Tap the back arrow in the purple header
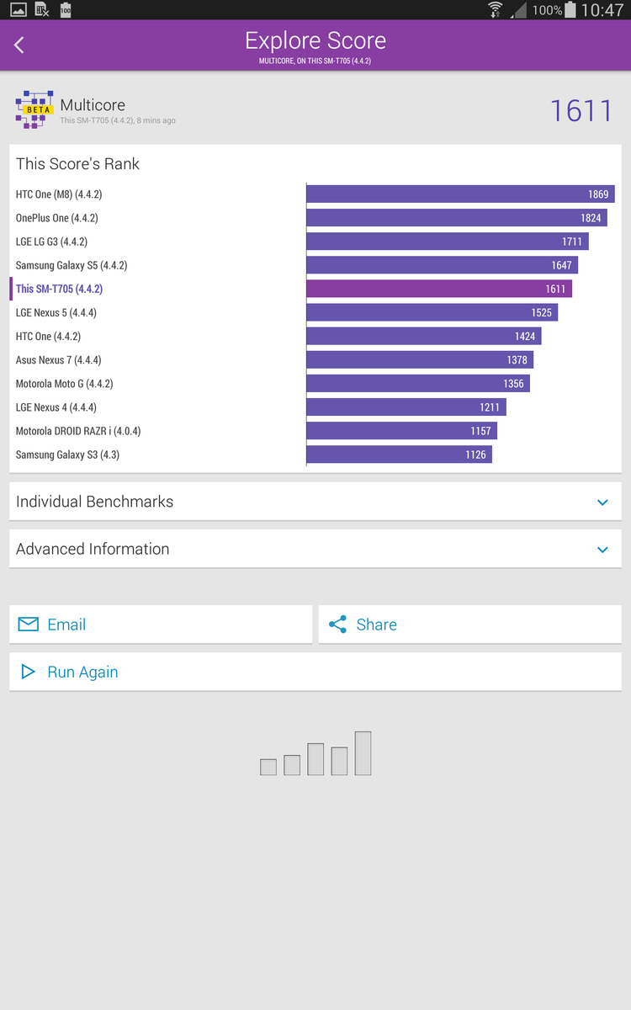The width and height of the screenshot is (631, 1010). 19,45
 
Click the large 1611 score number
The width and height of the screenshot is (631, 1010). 581,111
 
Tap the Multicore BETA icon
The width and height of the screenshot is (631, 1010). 34,109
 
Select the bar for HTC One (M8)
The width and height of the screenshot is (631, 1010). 460,194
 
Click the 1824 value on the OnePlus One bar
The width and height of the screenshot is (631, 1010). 591,218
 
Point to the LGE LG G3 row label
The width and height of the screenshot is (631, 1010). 51,242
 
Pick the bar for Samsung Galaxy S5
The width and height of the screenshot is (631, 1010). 442,265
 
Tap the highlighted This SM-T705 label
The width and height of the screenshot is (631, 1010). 59,289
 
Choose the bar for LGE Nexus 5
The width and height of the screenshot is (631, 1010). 432,312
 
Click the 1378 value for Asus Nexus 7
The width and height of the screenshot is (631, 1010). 517,360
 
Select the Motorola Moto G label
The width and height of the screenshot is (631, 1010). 64,384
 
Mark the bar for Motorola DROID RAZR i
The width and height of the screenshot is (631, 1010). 401,431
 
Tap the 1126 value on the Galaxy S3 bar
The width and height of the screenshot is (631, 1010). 475,454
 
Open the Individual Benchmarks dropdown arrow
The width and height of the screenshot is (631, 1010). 602,502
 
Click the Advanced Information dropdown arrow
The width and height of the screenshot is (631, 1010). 602,550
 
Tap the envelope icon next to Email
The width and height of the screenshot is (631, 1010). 29,625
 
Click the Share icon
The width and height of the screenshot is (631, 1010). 337,625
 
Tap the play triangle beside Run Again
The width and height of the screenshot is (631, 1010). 29,672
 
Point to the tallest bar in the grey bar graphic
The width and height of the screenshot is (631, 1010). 363,753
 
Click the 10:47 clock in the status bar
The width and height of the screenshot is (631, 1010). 602,10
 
